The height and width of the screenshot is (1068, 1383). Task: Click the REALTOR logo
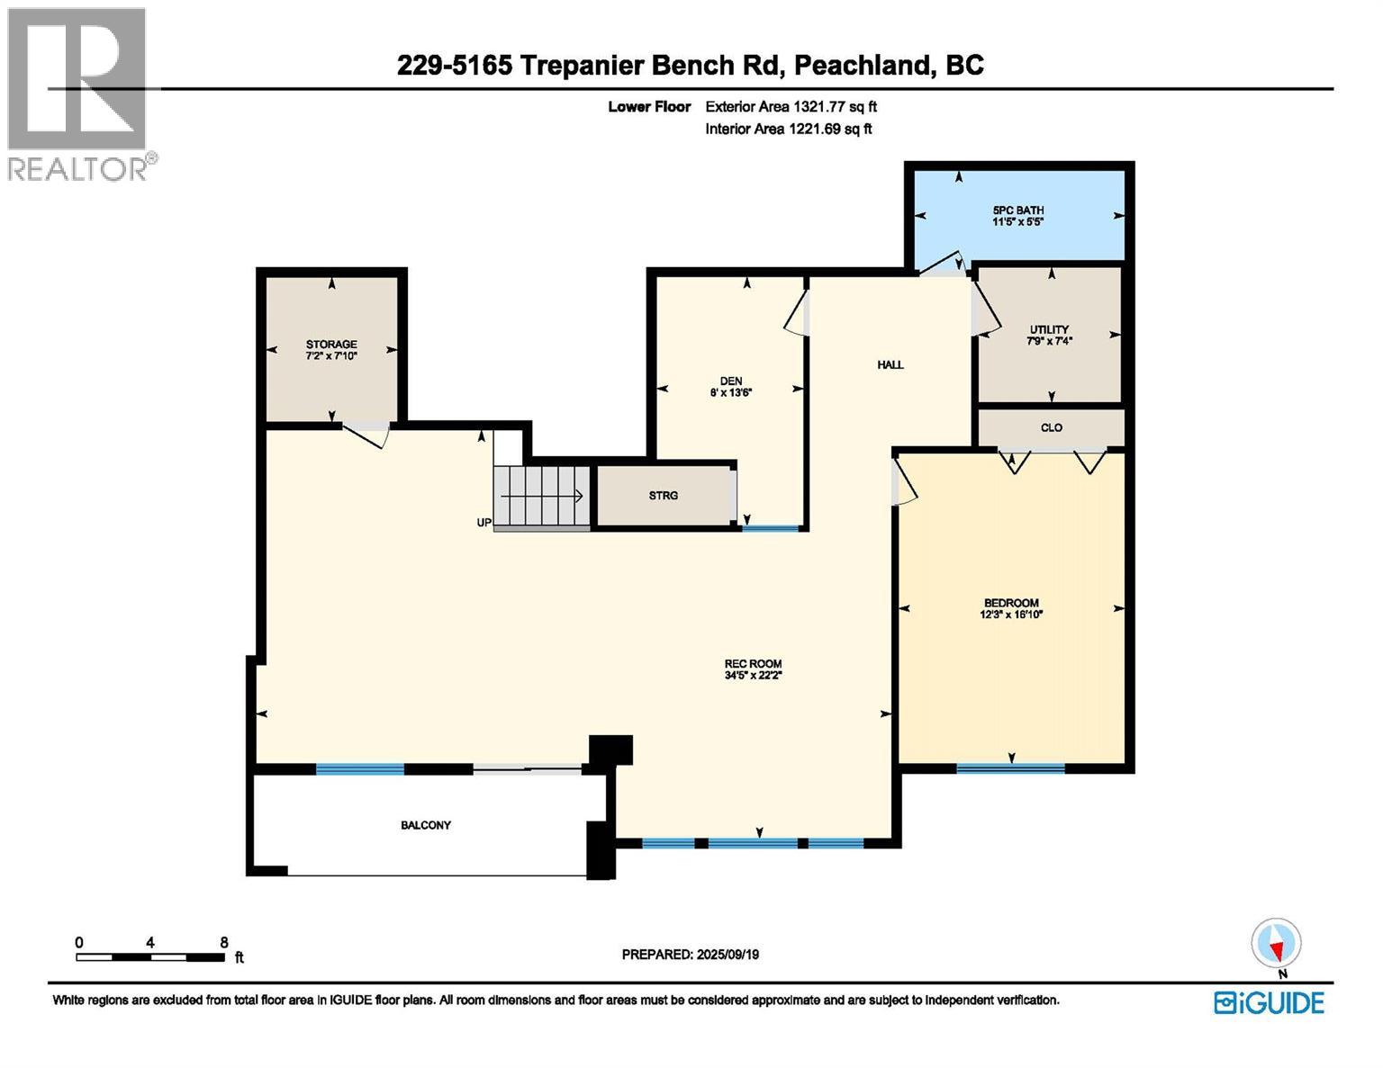point(78,94)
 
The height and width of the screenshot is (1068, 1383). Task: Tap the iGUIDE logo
point(1269,1002)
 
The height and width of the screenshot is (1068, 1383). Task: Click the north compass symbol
point(1275,946)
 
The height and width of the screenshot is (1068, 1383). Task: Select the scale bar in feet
point(150,956)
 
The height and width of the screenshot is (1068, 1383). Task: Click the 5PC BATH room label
point(1017,216)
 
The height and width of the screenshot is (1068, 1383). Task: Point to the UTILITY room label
point(1049,335)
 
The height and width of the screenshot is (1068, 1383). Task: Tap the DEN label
point(730,386)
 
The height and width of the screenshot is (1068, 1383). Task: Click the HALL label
point(890,364)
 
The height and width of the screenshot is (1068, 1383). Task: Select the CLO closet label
point(1051,427)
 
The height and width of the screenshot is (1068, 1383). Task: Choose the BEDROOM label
point(1011,608)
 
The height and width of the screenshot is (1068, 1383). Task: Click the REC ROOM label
point(753,669)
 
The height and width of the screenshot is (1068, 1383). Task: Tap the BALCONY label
point(426,825)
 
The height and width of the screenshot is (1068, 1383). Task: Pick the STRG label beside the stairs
point(663,496)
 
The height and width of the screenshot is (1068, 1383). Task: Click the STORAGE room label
point(331,350)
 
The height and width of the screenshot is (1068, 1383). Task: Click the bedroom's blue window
point(1010,768)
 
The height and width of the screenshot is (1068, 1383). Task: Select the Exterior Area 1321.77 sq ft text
point(791,106)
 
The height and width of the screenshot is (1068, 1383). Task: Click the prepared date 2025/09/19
point(691,955)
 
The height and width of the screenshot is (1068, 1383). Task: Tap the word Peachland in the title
point(862,65)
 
